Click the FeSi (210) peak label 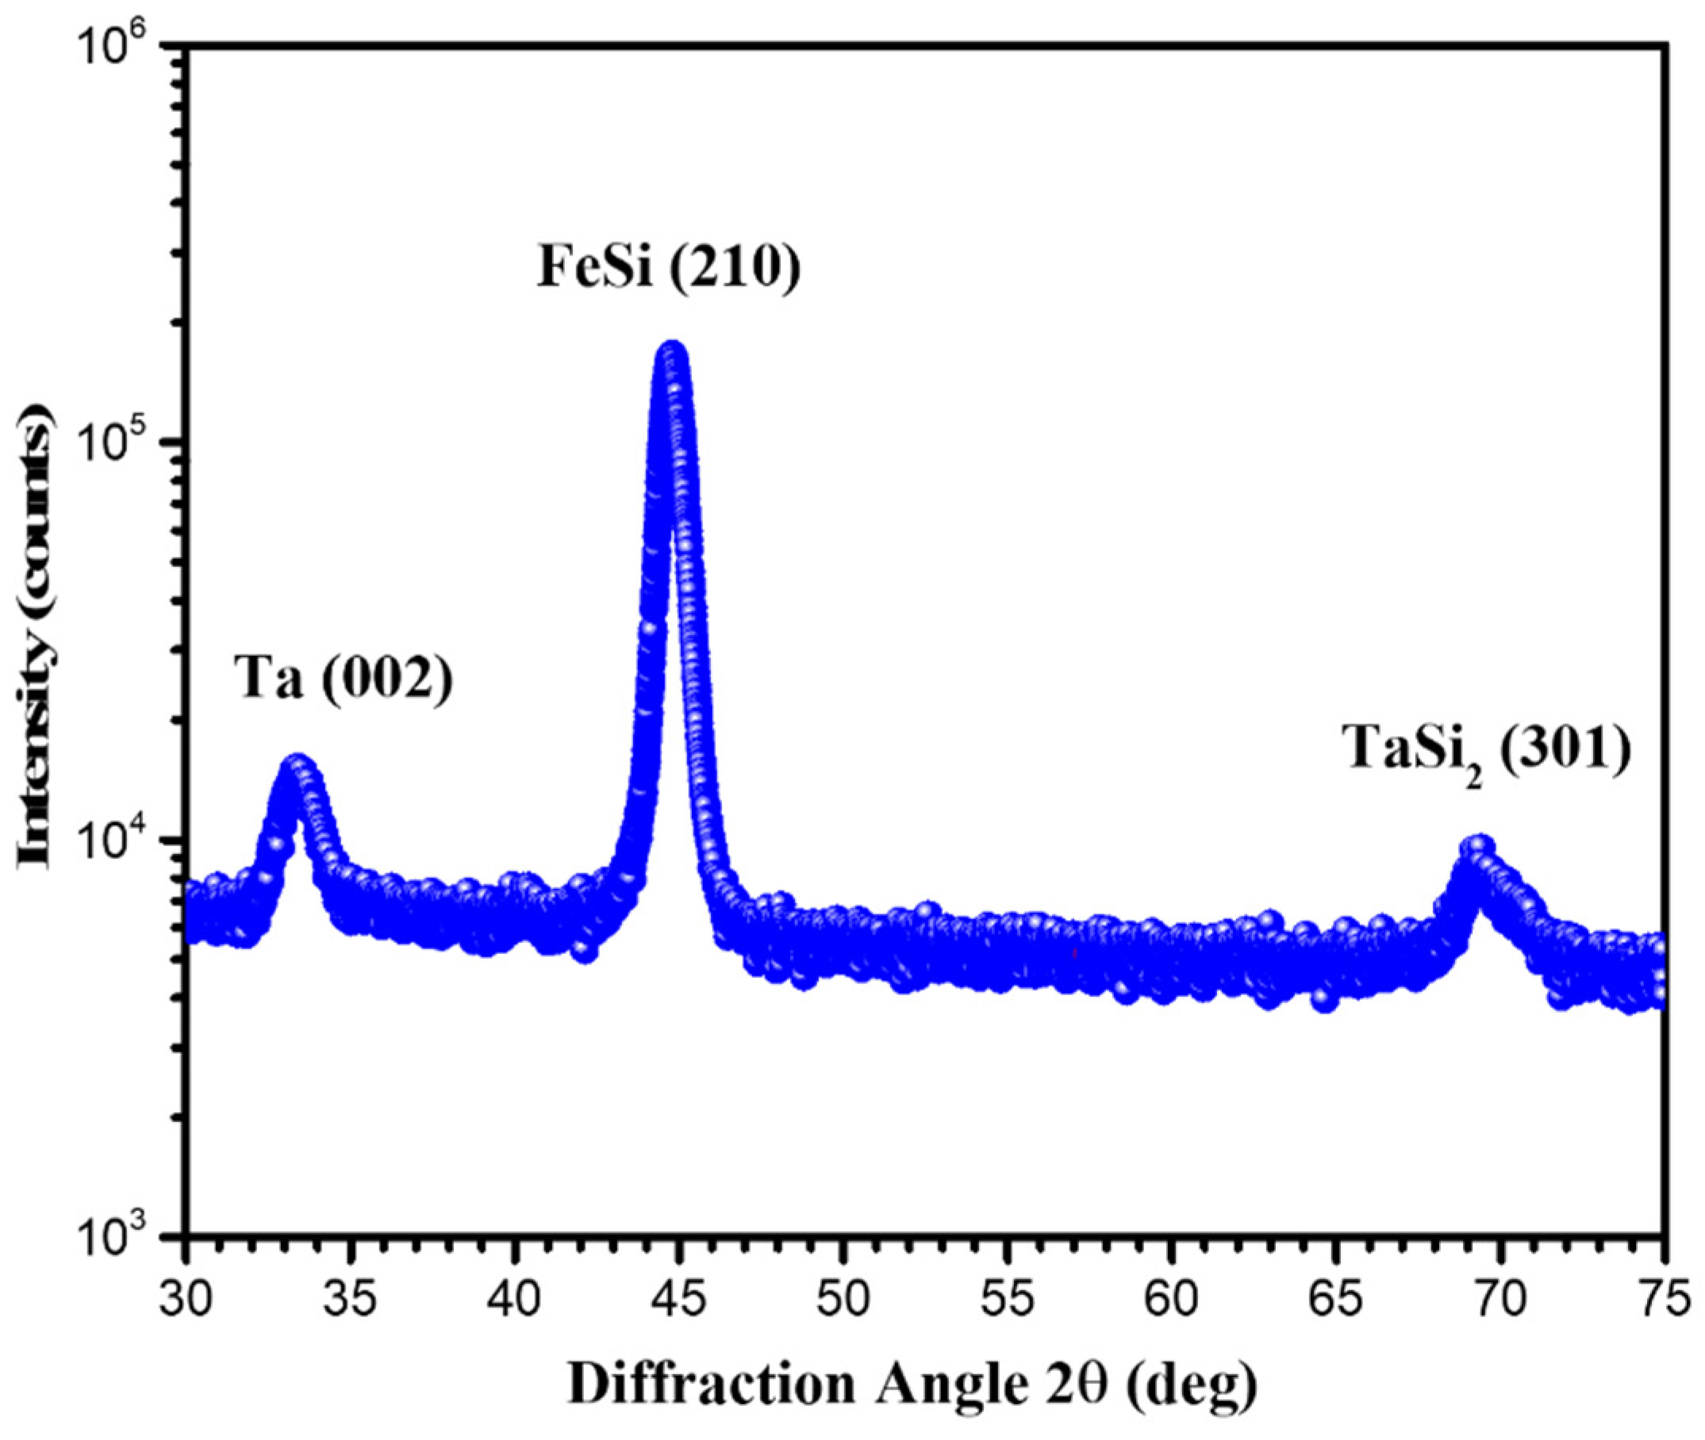click(668, 267)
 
